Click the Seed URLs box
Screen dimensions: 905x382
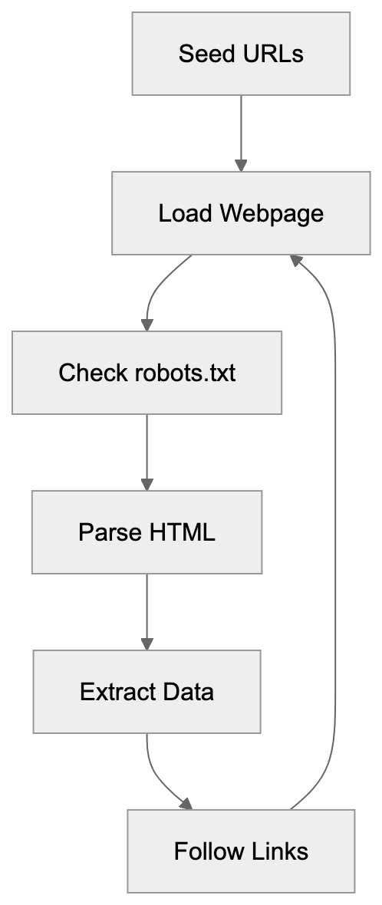(241, 54)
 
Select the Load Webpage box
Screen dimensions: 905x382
(241, 213)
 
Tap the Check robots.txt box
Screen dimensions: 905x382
(147, 373)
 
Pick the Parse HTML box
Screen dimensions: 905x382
(147, 532)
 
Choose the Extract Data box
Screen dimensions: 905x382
(147, 692)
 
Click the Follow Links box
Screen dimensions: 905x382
(241, 851)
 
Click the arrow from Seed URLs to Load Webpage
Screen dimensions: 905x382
(241, 130)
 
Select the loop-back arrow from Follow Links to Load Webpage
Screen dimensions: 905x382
(335, 537)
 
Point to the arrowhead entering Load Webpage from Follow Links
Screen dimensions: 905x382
(296, 261)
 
